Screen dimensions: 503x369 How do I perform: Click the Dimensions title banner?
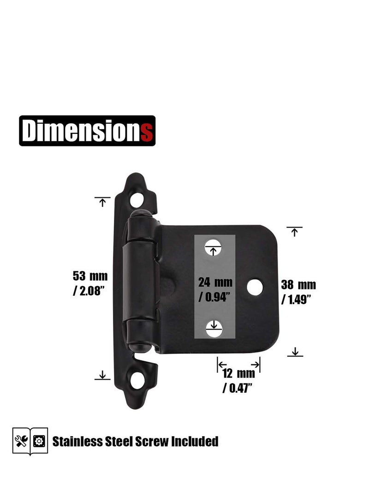87,131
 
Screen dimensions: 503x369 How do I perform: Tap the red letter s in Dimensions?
147,132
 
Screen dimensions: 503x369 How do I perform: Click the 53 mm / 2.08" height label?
90,284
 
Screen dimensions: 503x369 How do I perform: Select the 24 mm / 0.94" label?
215,289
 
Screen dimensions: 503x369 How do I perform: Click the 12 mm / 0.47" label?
239,380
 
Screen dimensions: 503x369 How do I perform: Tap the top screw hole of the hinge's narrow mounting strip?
137,200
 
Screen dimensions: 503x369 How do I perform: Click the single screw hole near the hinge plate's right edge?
255,287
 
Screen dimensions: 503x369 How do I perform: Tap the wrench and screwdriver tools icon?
21,441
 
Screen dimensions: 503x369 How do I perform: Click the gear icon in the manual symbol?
39,441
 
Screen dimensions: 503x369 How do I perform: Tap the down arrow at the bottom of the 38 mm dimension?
295,353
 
